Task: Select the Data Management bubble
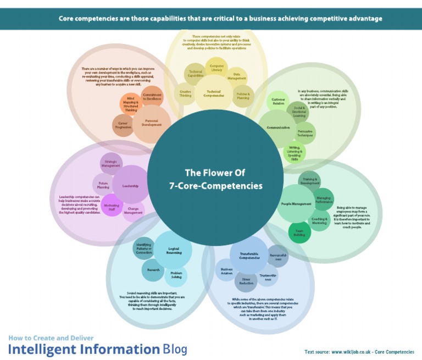237,77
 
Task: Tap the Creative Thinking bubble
186,93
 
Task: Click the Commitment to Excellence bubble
152,97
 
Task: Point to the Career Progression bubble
123,125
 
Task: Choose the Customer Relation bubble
277,102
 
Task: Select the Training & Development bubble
309,181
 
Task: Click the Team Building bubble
299,234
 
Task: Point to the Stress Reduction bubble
246,281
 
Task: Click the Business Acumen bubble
226,271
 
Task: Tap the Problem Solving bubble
176,275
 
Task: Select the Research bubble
153,270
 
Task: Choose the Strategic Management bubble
111,163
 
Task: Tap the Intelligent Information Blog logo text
98,348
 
